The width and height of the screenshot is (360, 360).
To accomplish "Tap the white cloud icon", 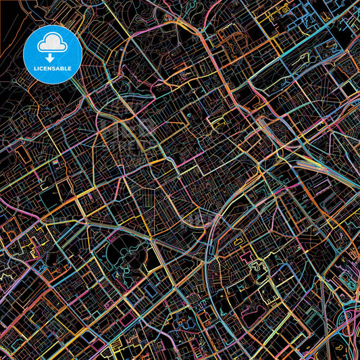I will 52,44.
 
